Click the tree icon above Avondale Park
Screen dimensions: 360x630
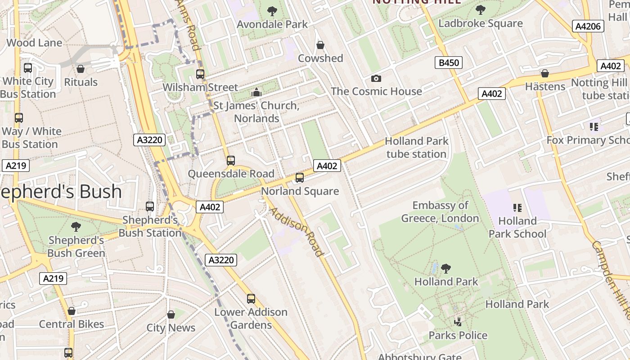pyautogui.click(x=272, y=11)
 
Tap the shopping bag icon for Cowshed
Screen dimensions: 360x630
pyautogui.click(x=320, y=45)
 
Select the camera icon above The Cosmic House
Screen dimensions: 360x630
pyautogui.click(x=376, y=78)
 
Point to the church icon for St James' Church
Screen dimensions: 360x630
pyautogui.click(x=256, y=92)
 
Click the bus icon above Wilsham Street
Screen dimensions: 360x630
pyautogui.click(x=200, y=74)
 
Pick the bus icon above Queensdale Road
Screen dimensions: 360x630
pyautogui.click(x=231, y=160)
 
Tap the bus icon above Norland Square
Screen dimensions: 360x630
pyautogui.click(x=300, y=178)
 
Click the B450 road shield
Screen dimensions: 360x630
pyautogui.click(x=449, y=63)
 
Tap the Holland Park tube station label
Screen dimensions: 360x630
pyautogui.click(x=417, y=148)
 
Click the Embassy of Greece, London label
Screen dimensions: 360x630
pyautogui.click(x=440, y=212)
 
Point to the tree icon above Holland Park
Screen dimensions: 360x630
pyautogui.click(x=446, y=269)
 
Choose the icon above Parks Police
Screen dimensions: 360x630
pyautogui.click(x=458, y=322)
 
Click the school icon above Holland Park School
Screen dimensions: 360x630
pyautogui.click(x=517, y=208)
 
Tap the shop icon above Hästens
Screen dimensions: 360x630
pyautogui.click(x=545, y=73)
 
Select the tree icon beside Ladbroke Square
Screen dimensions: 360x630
pyautogui.click(x=481, y=10)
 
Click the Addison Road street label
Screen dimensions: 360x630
pyautogui.click(x=296, y=232)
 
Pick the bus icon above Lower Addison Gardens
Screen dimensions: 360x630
pyautogui.click(x=251, y=299)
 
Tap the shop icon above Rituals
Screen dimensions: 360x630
pyautogui.click(x=81, y=69)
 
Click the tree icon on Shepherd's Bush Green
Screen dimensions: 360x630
pyautogui.click(x=76, y=226)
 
